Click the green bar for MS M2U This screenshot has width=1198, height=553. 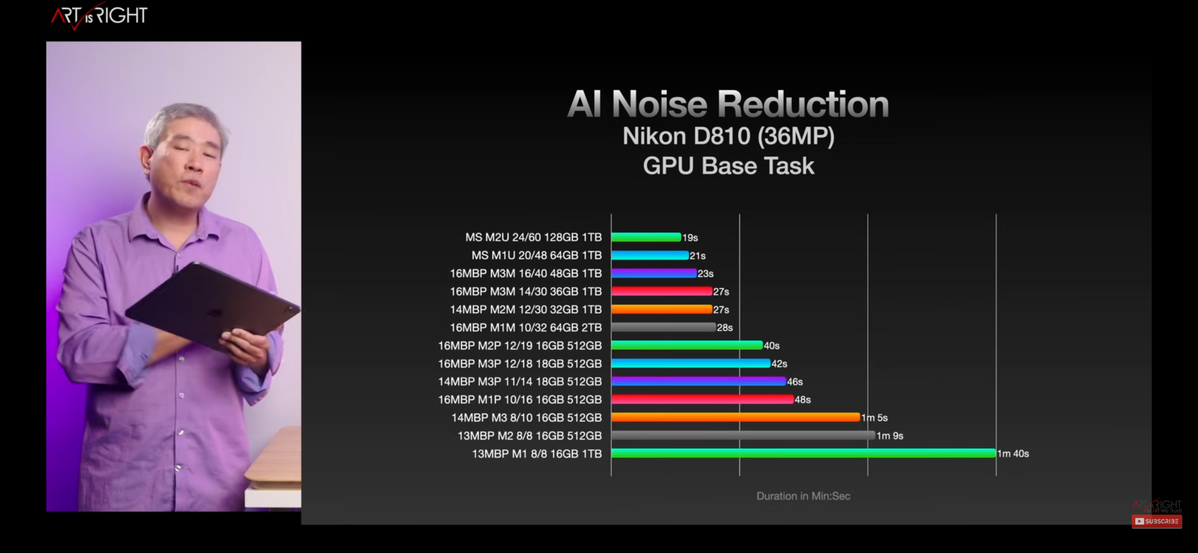pyautogui.click(x=646, y=237)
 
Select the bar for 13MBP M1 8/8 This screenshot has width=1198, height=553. pyautogui.click(x=803, y=454)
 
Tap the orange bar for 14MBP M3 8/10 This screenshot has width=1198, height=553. pyautogui.click(x=736, y=418)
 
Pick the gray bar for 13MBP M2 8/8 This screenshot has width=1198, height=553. pyautogui.click(x=743, y=436)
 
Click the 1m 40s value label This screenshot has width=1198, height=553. pyautogui.click(x=1013, y=454)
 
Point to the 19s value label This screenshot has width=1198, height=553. pyautogui.click(x=690, y=238)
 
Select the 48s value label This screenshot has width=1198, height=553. pyautogui.click(x=803, y=400)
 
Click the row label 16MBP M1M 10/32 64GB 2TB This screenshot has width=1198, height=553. pyautogui.click(x=525, y=328)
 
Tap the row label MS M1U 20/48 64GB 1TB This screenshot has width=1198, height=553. pyautogui.click(x=536, y=255)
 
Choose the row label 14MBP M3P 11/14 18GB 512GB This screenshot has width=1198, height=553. pyautogui.click(x=519, y=382)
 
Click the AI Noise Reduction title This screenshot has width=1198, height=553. pyautogui.click(x=728, y=104)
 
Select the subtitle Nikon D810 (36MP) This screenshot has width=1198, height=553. pyautogui.click(x=728, y=137)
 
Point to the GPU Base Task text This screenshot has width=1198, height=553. pyautogui.click(x=728, y=166)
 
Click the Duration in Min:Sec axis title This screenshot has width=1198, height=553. pyautogui.click(x=803, y=496)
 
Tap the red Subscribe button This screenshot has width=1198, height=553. pyautogui.click(x=1157, y=521)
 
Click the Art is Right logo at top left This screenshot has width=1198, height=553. pyautogui.click(x=99, y=16)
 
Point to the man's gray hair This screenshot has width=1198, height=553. pyautogui.click(x=180, y=117)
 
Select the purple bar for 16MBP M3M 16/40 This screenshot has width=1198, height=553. pyautogui.click(x=654, y=273)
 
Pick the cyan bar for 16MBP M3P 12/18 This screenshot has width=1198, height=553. pyautogui.click(x=690, y=364)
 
